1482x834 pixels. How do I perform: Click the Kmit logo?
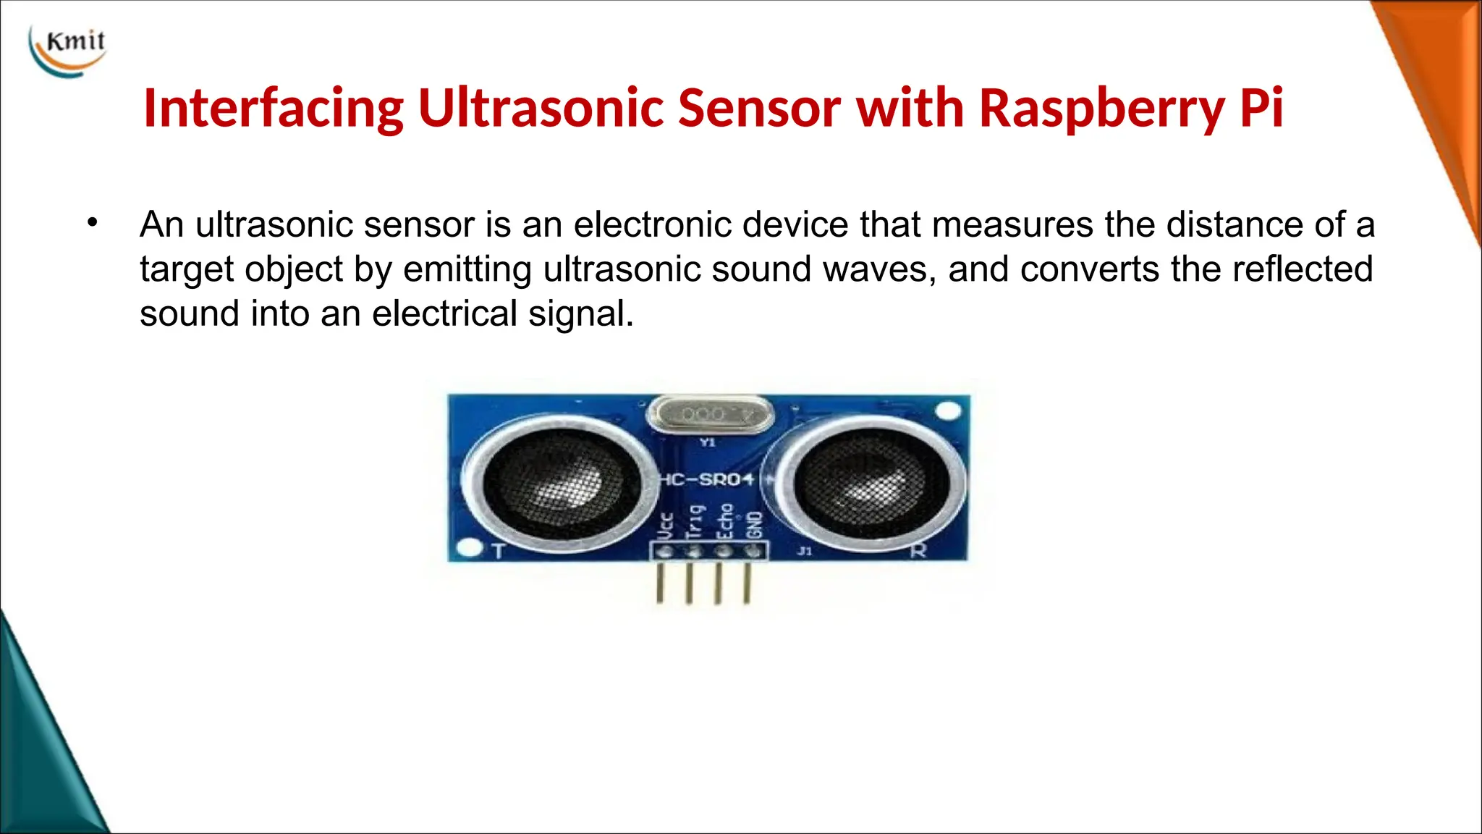(68, 49)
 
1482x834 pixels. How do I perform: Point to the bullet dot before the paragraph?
(91, 223)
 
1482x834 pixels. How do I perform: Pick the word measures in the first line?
(1012, 224)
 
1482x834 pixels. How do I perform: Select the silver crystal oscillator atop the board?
(710, 415)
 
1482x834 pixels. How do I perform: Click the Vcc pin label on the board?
(666, 525)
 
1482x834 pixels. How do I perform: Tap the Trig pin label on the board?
(695, 522)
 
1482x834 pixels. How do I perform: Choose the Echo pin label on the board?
(724, 521)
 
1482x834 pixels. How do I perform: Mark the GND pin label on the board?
(754, 524)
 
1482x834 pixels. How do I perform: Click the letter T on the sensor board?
(498, 552)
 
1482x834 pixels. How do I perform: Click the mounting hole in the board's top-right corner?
(947, 411)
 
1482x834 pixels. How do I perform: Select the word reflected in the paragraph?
(1302, 269)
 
